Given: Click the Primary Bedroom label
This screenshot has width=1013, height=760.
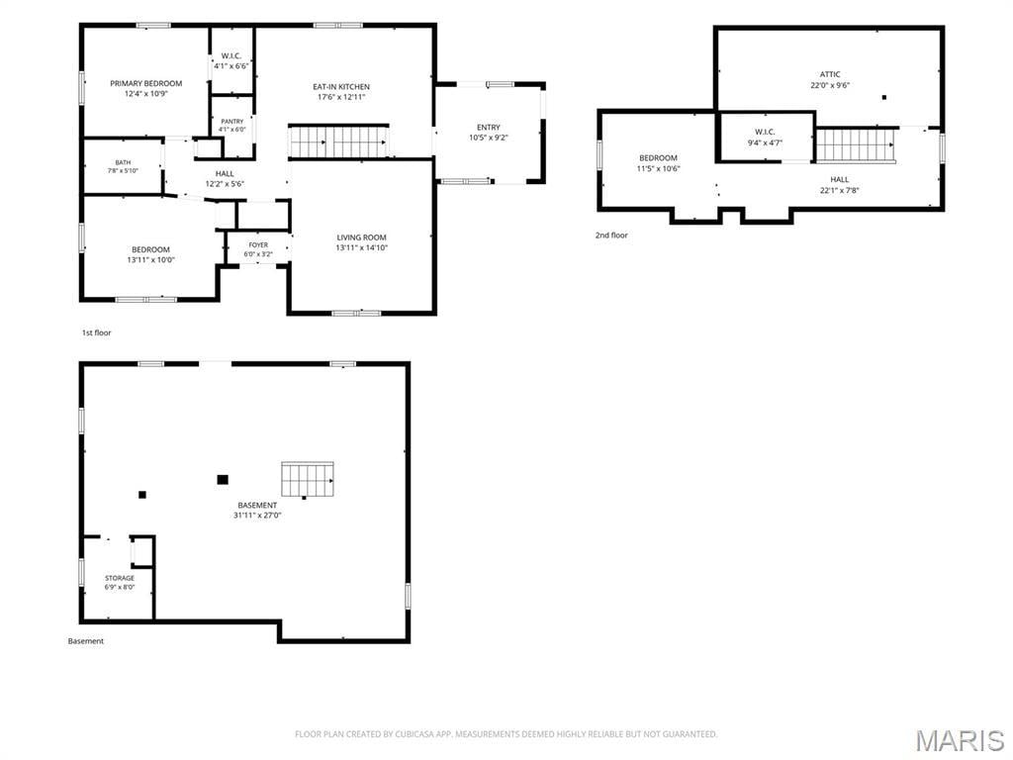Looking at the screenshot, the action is pyautogui.click(x=146, y=83).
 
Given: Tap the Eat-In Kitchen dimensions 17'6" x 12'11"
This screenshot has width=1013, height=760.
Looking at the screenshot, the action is pyautogui.click(x=341, y=98).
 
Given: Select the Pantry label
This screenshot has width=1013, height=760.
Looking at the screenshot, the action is pyautogui.click(x=231, y=122).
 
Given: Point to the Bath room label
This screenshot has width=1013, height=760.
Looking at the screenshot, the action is pyautogui.click(x=123, y=163).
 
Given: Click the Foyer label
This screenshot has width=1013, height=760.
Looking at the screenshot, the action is pyautogui.click(x=258, y=245).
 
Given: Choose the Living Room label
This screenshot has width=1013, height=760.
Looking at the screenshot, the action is pyautogui.click(x=362, y=237).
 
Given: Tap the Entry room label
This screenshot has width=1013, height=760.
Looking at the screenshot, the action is pyautogui.click(x=489, y=128).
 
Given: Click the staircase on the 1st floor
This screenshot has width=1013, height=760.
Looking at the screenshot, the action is pyautogui.click(x=339, y=142).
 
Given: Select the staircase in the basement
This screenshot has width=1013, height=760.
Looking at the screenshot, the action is pyautogui.click(x=308, y=480).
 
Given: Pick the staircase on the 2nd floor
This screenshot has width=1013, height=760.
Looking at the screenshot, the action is pyautogui.click(x=856, y=144).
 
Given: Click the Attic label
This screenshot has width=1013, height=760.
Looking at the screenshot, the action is pyautogui.click(x=830, y=74).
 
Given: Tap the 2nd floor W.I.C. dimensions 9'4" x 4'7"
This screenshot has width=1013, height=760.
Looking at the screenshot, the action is pyautogui.click(x=765, y=142).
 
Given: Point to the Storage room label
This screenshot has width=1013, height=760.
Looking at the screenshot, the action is pyautogui.click(x=120, y=578).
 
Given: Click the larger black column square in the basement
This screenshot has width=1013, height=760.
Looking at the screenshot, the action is pyautogui.click(x=223, y=480).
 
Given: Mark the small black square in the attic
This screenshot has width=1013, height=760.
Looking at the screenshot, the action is pyautogui.click(x=884, y=98).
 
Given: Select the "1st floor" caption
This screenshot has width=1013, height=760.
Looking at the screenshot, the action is pyautogui.click(x=96, y=332).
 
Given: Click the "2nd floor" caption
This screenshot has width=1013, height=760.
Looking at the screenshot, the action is pyautogui.click(x=611, y=236).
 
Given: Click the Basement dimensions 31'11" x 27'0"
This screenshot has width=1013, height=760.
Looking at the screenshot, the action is pyautogui.click(x=258, y=516).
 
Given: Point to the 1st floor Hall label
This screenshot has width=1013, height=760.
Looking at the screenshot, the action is pyautogui.click(x=225, y=174).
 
